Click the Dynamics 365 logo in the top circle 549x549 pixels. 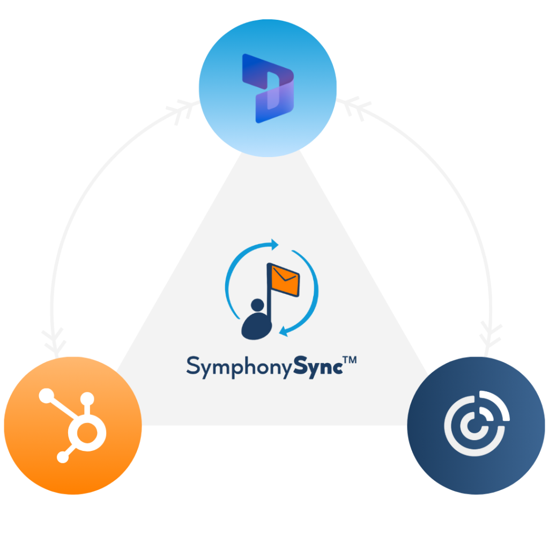[268, 88]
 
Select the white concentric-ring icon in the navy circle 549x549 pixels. [477, 423]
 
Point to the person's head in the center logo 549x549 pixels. [257, 305]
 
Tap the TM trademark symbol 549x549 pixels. [350, 360]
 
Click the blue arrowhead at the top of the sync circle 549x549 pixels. [274, 244]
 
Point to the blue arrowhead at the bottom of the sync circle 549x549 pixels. [284, 331]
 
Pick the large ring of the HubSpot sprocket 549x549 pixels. [87, 433]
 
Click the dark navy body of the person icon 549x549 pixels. [256, 327]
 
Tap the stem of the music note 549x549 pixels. [269, 292]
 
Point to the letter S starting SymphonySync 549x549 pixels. [192, 365]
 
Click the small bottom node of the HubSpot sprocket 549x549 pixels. [63, 457]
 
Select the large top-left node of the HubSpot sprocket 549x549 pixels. [46, 396]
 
